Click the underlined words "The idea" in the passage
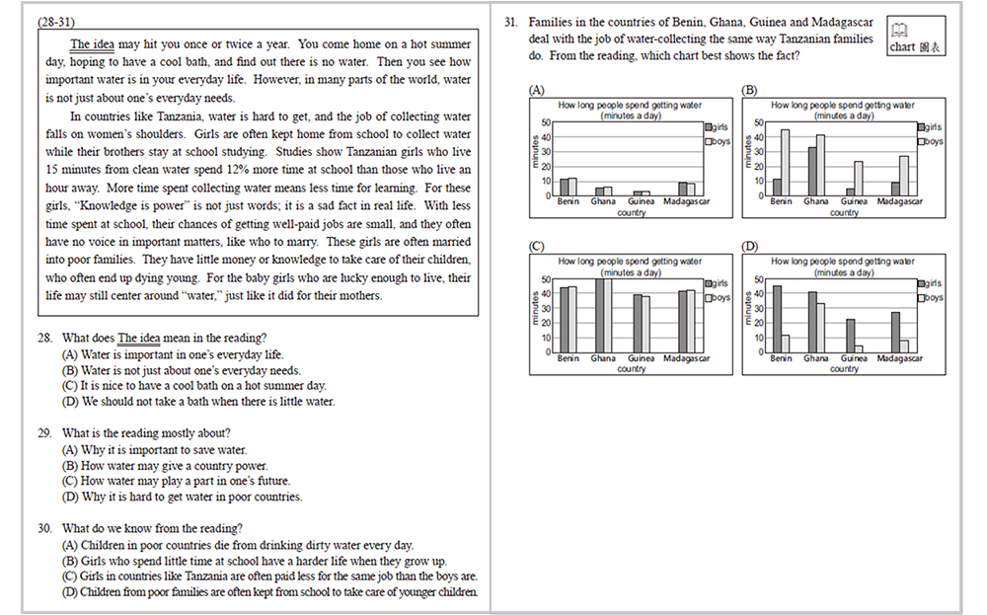[92, 44]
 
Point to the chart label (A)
[537, 90]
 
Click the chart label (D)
[750, 246]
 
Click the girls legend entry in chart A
[717, 127]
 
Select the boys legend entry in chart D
[930, 297]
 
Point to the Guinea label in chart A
[641, 201]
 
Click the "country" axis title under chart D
[844, 369]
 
